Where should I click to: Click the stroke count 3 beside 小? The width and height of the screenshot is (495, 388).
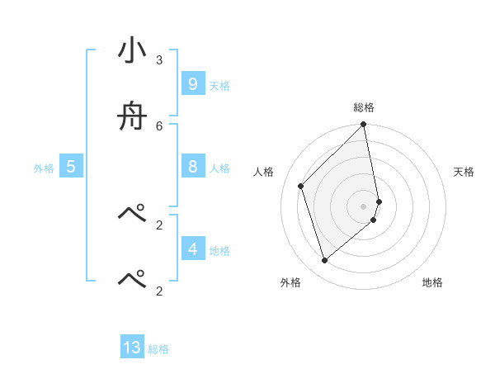pyautogui.click(x=159, y=60)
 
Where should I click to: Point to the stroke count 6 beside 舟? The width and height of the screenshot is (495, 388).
pyautogui.click(x=159, y=125)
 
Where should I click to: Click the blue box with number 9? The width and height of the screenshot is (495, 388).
pyautogui.click(x=192, y=84)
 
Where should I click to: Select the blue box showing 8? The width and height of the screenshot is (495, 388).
pyautogui.click(x=192, y=167)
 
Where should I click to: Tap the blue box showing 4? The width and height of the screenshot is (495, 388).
pyautogui.click(x=192, y=249)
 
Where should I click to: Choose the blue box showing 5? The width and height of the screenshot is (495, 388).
pyautogui.click(x=71, y=167)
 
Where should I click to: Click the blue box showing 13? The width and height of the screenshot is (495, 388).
pyautogui.click(x=132, y=348)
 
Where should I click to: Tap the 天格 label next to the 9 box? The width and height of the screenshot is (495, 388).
pyautogui.click(x=219, y=86)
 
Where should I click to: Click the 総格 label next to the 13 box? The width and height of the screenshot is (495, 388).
pyautogui.click(x=158, y=349)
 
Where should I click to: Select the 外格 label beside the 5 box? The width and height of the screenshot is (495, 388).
pyautogui.click(x=44, y=168)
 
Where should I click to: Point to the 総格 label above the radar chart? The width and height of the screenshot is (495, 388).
pyautogui.click(x=364, y=107)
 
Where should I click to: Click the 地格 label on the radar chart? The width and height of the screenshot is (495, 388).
pyautogui.click(x=432, y=282)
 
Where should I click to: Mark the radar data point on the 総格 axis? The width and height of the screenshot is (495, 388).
pyautogui.click(x=364, y=125)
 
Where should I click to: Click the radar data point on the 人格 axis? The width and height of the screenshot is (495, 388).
pyautogui.click(x=301, y=186)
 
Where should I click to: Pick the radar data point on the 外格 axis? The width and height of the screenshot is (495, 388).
pyautogui.click(x=325, y=260)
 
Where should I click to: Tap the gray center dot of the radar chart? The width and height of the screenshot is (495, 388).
pyautogui.click(x=364, y=206)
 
